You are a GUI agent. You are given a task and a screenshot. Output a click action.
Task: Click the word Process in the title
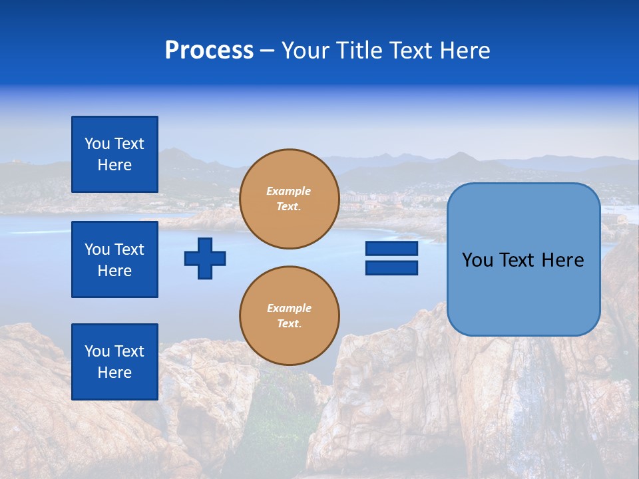209,51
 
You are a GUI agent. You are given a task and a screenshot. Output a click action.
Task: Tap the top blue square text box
114,154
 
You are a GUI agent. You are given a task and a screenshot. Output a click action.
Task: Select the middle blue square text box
114,259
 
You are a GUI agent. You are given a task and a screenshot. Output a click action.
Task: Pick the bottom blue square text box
114,362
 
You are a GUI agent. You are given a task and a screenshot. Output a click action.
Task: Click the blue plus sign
205,258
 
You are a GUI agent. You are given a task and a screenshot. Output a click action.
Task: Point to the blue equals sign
391,258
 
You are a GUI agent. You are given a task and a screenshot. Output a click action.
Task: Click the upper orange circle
290,199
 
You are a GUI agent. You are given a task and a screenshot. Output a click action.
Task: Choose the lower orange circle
290,316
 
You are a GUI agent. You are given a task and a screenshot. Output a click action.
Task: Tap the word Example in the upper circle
289,191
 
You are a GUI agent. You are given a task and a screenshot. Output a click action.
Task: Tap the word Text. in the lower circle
289,324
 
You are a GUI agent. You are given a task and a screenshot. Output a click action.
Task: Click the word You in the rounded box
477,260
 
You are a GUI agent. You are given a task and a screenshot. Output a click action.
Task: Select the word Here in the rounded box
562,260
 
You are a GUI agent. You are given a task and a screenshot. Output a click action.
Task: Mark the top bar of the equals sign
391,249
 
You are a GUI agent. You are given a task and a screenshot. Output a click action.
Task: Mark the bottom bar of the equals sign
391,268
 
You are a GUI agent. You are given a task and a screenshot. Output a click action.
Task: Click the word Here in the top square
114,165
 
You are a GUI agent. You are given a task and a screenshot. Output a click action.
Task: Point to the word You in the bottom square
97,351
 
